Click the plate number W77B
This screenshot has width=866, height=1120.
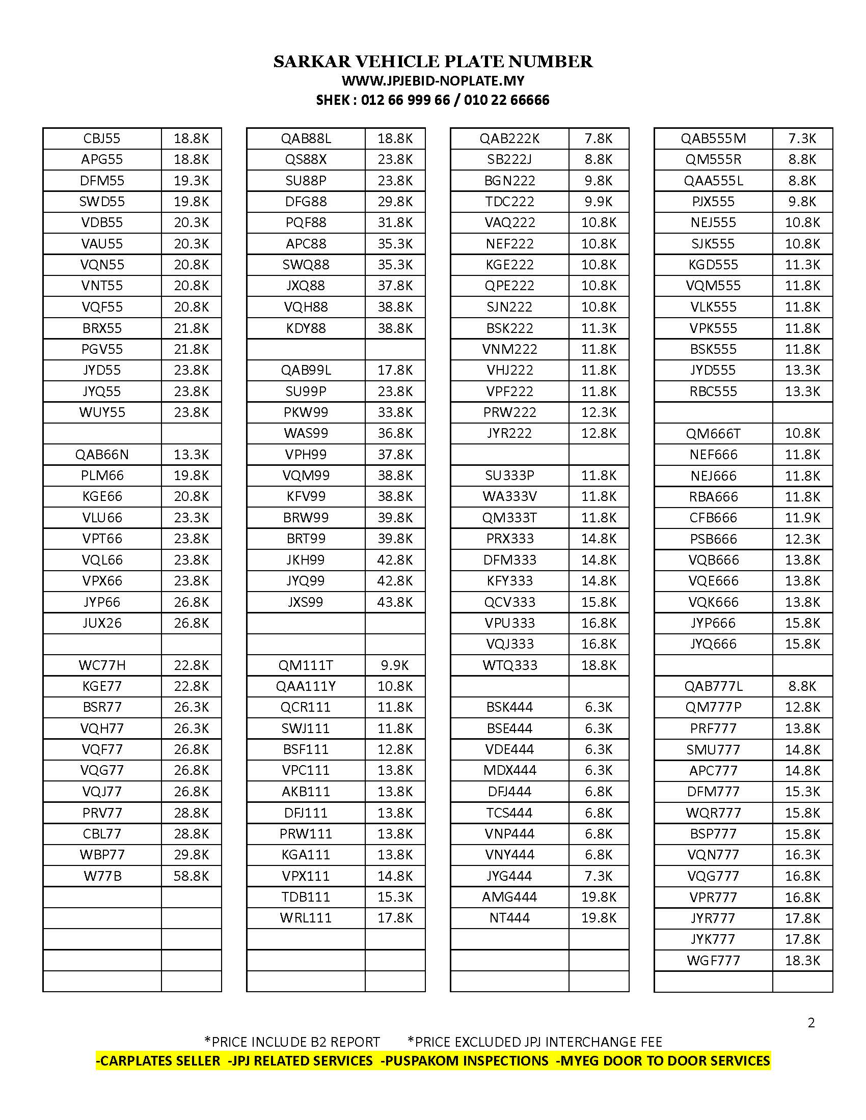tap(102, 876)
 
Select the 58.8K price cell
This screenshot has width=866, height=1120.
tap(192, 876)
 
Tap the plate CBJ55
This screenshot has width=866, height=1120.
tap(102, 138)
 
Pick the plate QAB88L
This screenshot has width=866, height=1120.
tap(306, 138)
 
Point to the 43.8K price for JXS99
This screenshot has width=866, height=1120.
tap(395, 602)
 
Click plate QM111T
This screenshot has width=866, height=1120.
tap(306, 665)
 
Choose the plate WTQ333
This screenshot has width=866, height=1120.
tap(509, 665)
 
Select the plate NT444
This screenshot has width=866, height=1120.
tap(509, 918)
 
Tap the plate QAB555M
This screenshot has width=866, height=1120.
tap(713, 138)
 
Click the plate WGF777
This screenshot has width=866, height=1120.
tap(713, 961)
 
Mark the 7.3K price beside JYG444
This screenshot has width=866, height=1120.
tap(599, 876)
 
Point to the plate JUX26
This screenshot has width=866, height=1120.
tap(102, 623)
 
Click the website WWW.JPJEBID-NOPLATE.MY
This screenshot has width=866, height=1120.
tap(433, 81)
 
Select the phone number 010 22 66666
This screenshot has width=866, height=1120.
tap(506, 100)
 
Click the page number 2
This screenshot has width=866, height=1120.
tap(811, 1023)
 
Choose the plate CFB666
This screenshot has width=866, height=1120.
tap(713, 518)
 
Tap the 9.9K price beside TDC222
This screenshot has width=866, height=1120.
tap(599, 202)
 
